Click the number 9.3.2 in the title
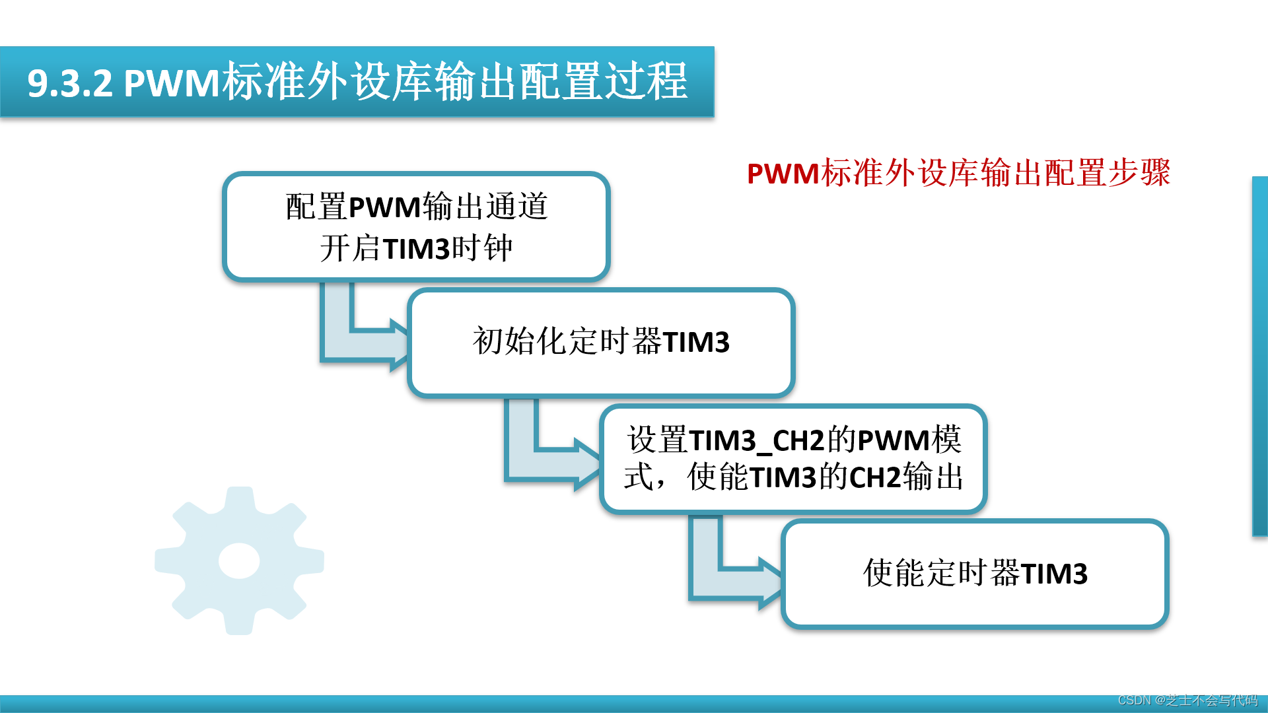pos(70,84)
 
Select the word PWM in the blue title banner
pos(172,84)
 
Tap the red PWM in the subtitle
pos(783,174)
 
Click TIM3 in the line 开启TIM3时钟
pos(416,250)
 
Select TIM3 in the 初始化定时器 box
pos(696,342)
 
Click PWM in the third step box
pos(894,440)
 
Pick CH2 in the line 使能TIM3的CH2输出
pos(875,477)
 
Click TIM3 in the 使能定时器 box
pos(1054,573)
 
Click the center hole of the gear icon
pos(239,560)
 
